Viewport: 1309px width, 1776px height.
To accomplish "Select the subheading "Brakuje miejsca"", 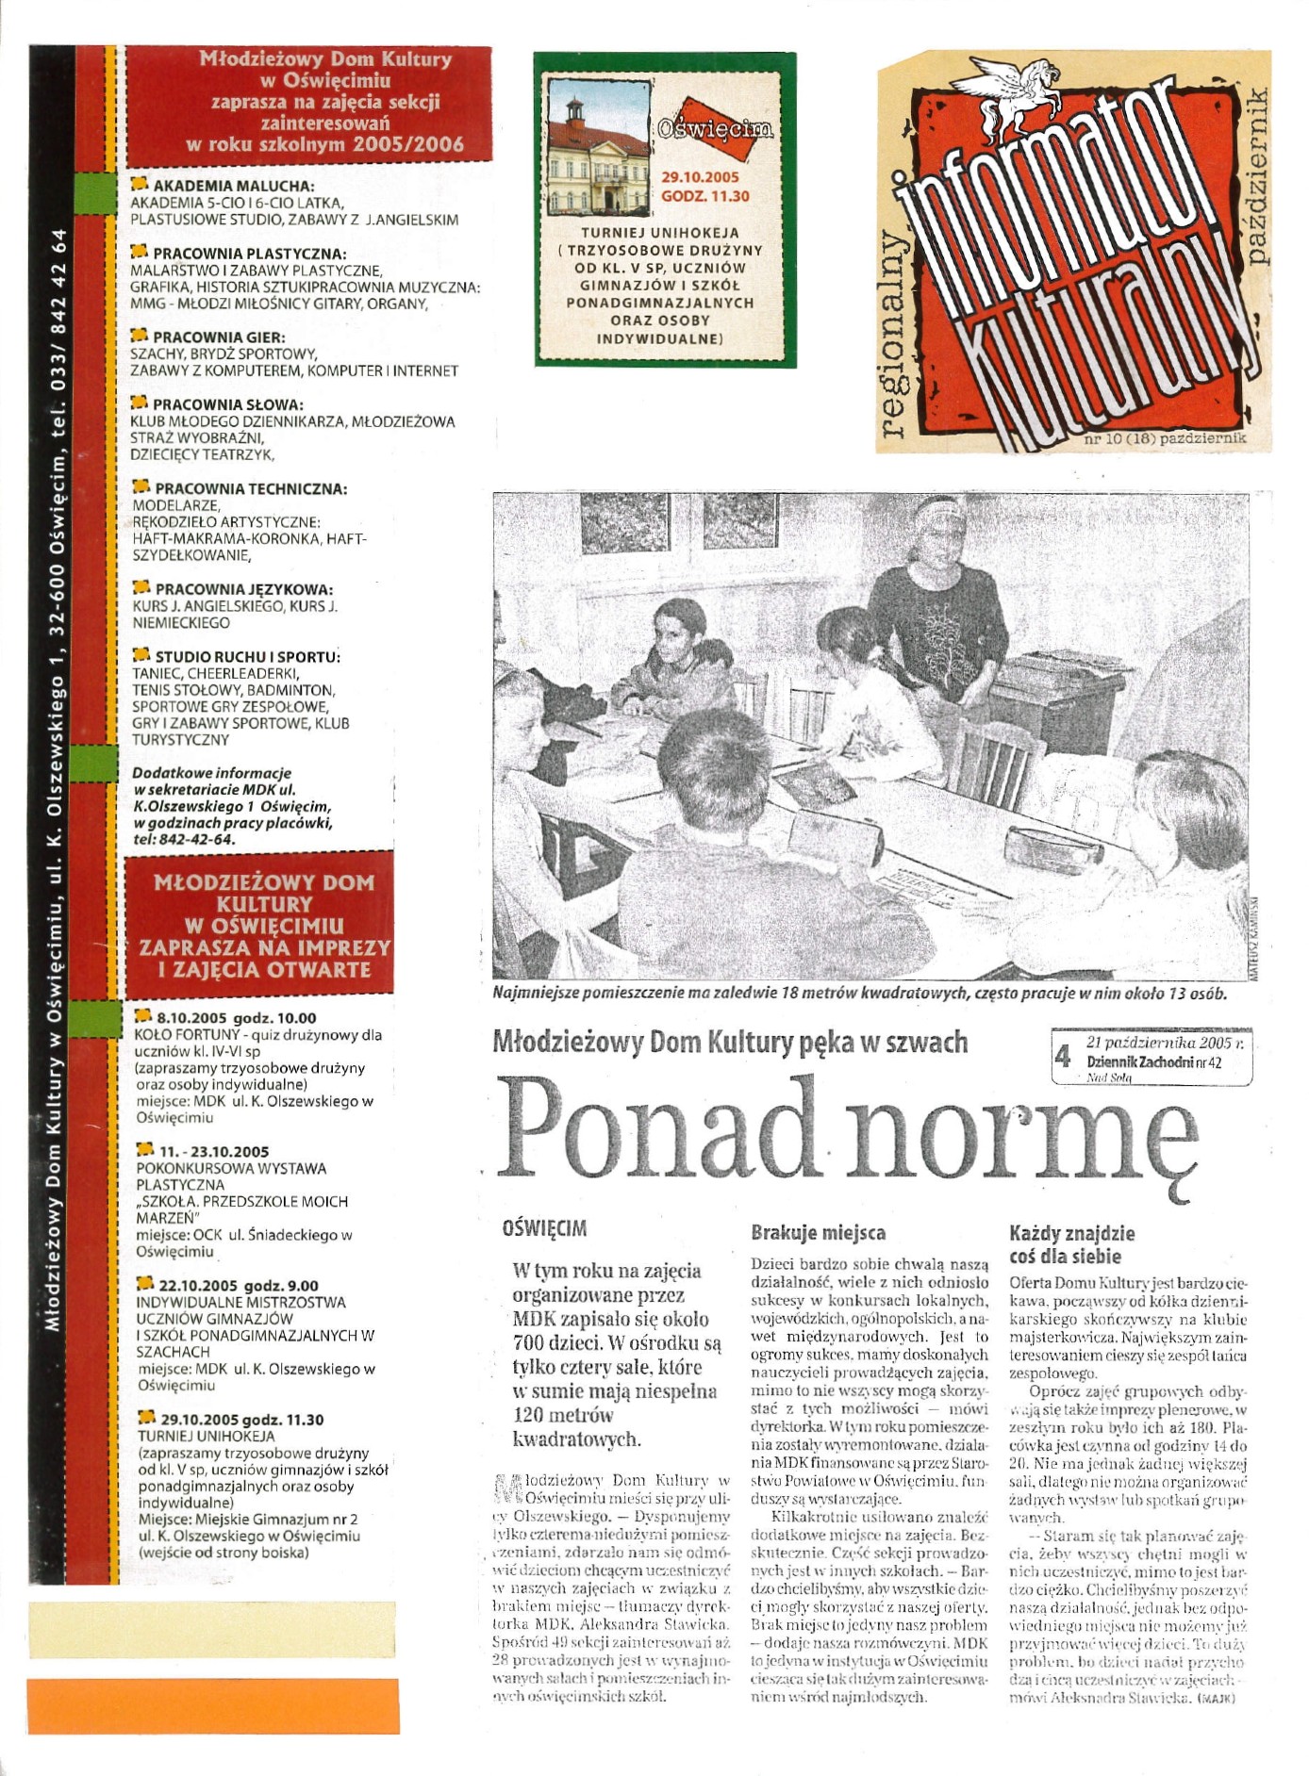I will pos(817,1232).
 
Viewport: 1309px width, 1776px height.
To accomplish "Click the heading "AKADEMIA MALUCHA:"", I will pos(233,186).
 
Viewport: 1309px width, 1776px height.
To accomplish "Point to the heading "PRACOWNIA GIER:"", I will pos(219,337).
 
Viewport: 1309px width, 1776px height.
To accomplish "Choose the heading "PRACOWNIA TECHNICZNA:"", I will pos(250,488).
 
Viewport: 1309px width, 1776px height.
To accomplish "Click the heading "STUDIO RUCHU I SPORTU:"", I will pos(247,656).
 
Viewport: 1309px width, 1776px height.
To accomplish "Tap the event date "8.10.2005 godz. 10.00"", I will pos(236,1018).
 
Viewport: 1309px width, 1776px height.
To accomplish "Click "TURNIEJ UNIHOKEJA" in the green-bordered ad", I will pos(660,233).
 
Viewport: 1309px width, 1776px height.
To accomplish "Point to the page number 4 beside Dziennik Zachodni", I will pos(1062,1057).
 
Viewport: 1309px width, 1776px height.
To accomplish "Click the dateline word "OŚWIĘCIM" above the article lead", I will pos(544,1228).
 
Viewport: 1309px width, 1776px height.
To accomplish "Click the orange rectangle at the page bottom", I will pos(212,1705).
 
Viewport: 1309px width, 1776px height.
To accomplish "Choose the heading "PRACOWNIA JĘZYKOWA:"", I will pos(243,589).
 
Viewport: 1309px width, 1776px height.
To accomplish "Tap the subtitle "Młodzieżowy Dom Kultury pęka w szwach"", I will pos(730,1042).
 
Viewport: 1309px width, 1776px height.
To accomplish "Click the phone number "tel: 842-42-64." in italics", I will pos(184,839).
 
